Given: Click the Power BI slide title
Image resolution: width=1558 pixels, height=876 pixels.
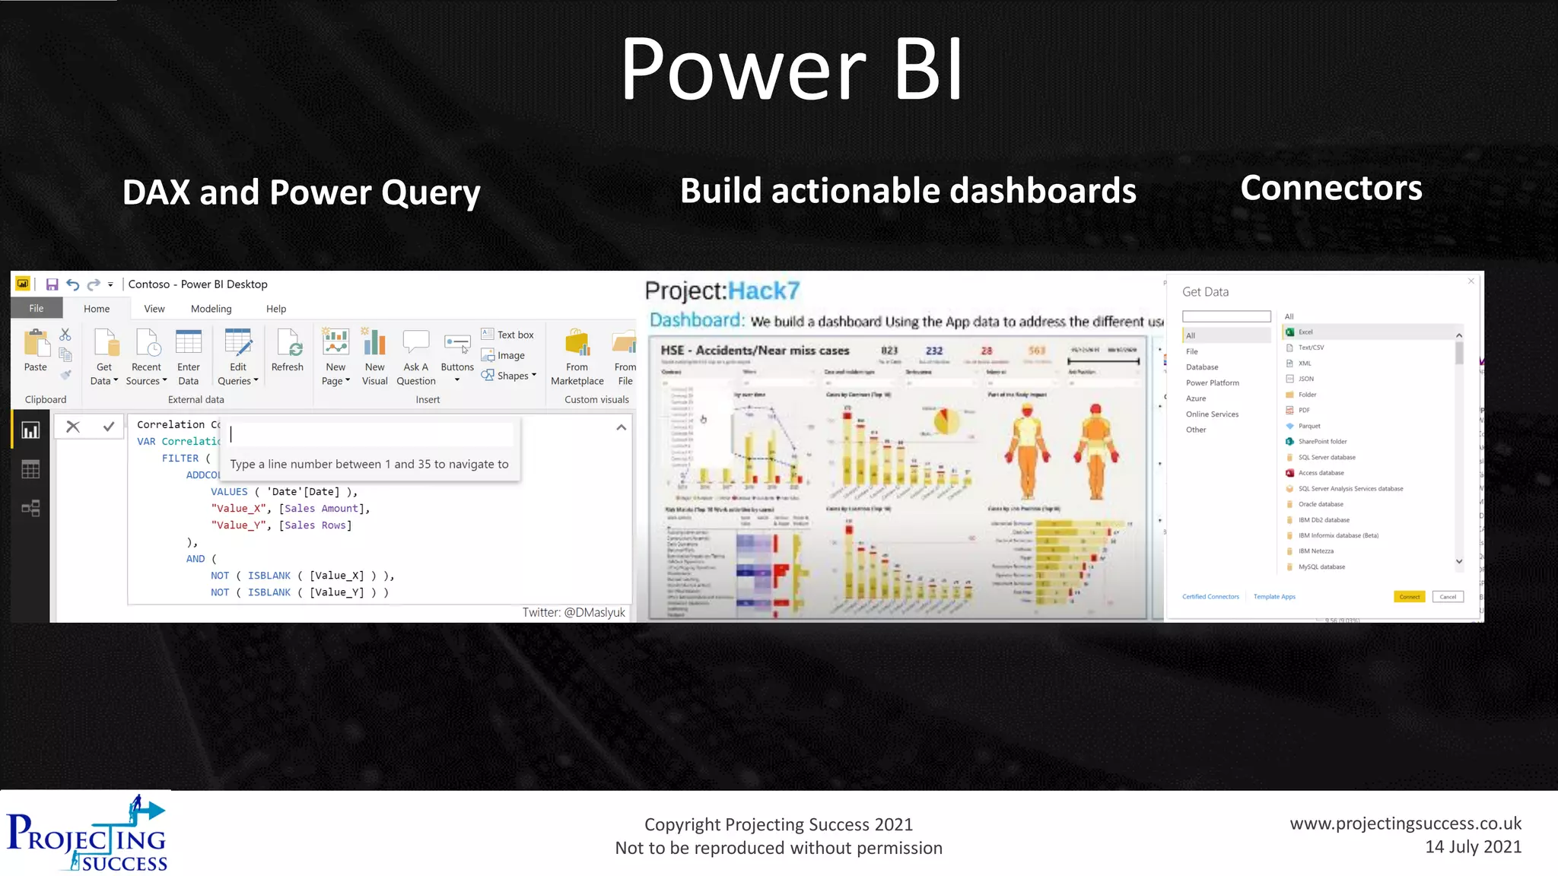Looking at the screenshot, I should pos(791,70).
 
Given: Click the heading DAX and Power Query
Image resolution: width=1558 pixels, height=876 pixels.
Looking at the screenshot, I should pos(301,192).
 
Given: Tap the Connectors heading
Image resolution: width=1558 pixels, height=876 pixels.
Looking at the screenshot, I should pos(1331,188).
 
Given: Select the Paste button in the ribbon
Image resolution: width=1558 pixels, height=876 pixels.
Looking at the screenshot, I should pos(35,351).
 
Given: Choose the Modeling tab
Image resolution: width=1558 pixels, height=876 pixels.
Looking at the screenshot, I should pos(211,309).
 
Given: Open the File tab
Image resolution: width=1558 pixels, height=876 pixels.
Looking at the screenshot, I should pos(36,308).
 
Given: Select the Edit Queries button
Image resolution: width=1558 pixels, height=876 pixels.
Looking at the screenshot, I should pos(237,357).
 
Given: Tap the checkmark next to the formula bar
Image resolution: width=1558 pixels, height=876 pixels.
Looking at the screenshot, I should pos(109,427).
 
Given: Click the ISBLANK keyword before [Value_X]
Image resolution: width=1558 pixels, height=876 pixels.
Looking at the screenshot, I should pos(269,576).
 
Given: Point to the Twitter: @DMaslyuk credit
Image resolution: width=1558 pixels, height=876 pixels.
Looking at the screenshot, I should pos(573,612).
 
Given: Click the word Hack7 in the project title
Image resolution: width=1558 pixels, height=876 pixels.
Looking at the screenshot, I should pos(763,290).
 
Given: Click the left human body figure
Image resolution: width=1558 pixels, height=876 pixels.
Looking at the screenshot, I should pos(1027,452).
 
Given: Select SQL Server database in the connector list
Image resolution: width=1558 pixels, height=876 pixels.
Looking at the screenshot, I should pos(1326,457).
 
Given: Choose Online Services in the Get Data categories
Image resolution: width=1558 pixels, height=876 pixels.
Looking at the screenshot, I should pos(1212,414).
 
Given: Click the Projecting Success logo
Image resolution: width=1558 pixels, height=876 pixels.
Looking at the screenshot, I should pos(87,834).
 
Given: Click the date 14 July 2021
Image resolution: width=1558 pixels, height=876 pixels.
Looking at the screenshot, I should pos(1473,847).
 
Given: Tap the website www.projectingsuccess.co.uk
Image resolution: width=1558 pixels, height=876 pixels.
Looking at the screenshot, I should pos(1405,824).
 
